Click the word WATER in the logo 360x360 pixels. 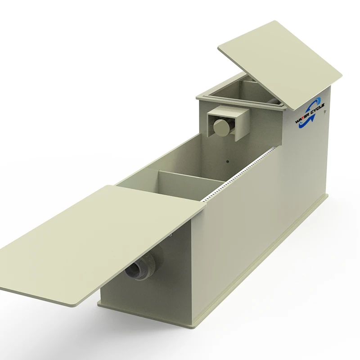click(301, 118)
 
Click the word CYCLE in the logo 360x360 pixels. click(317, 108)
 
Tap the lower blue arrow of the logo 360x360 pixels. click(306, 122)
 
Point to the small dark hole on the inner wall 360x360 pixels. click(228, 162)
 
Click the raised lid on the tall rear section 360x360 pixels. click(280, 65)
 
